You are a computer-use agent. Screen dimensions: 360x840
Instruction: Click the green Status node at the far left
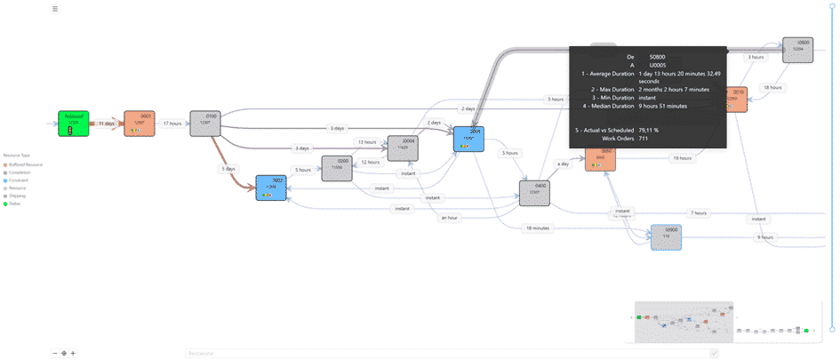click(x=73, y=124)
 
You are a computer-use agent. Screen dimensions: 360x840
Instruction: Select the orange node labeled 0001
click(x=139, y=124)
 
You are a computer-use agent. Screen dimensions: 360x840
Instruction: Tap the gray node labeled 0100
click(x=205, y=124)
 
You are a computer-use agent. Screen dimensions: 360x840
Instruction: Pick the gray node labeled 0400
click(x=534, y=193)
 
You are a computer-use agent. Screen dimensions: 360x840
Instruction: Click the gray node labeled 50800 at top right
click(x=797, y=50)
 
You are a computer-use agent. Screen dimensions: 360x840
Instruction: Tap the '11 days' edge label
click(x=107, y=124)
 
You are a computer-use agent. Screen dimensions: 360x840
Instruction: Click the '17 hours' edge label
click(x=172, y=124)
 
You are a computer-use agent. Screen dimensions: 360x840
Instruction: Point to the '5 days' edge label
click(x=229, y=168)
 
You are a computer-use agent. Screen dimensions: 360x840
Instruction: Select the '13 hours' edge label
click(x=367, y=142)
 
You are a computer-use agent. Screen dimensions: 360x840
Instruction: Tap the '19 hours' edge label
click(x=682, y=158)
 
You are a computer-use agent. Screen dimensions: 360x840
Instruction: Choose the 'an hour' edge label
click(x=449, y=217)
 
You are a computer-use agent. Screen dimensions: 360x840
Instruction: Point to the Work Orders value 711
click(x=644, y=138)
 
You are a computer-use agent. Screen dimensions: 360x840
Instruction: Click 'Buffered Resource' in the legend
click(x=26, y=164)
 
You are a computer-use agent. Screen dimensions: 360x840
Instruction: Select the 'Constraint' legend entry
click(x=20, y=180)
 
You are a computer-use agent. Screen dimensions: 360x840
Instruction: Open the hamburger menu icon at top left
click(x=55, y=9)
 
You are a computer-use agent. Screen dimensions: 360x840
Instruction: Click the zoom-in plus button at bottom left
click(x=73, y=353)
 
